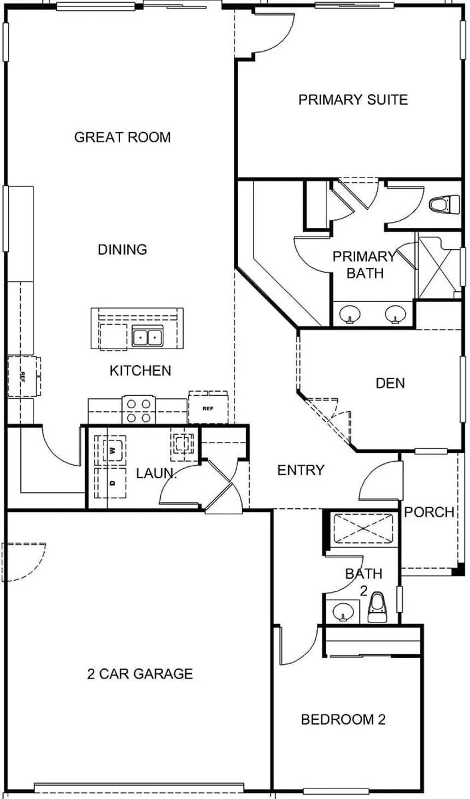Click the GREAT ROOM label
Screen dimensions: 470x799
point(122,137)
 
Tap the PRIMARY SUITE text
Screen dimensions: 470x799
point(353,99)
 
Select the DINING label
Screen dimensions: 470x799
point(122,249)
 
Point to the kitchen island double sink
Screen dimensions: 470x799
point(147,336)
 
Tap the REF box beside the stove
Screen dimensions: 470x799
point(208,408)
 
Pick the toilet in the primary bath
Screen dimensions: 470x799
point(444,205)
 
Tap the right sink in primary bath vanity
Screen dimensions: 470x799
point(395,314)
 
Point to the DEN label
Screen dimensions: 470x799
point(390,384)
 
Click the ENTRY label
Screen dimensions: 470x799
point(301,470)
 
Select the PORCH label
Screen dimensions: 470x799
point(429,512)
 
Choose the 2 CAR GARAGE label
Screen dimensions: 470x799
point(140,674)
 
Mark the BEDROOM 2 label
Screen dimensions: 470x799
point(343,719)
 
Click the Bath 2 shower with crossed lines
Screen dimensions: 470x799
point(363,528)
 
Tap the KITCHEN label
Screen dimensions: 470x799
point(140,371)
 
